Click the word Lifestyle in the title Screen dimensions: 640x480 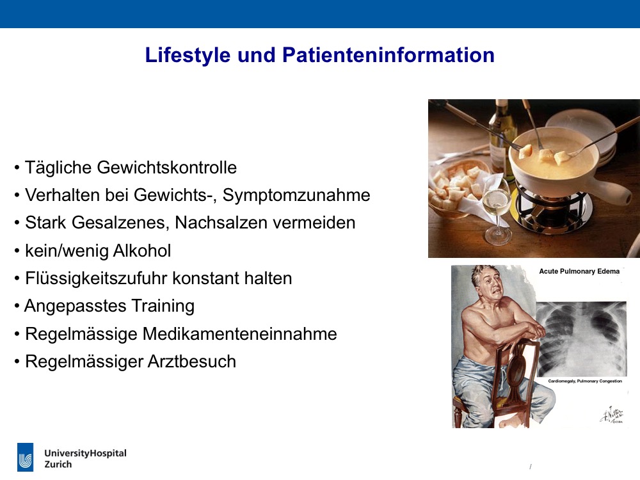click(x=188, y=55)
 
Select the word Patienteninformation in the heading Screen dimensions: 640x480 click(x=388, y=54)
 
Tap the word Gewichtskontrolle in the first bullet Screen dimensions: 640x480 click(x=167, y=167)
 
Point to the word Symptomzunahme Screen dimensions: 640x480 click(x=296, y=195)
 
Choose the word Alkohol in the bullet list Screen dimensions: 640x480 click(x=141, y=251)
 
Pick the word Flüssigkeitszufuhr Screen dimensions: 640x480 click(x=97, y=279)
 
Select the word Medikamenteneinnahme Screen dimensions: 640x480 click(x=239, y=334)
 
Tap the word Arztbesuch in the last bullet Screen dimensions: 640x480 click(x=192, y=362)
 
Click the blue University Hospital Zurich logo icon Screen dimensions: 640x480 click(x=26, y=457)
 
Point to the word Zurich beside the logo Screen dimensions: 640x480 click(x=58, y=465)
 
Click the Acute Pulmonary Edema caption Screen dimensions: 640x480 click(x=579, y=271)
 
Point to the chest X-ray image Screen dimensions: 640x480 click(x=581, y=339)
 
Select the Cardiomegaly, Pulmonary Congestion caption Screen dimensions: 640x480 click(x=585, y=381)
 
